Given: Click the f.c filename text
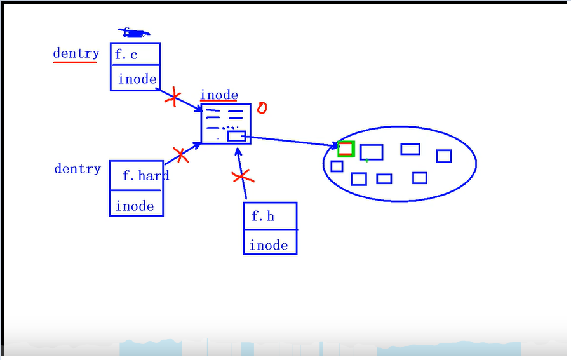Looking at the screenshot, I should coord(126,55).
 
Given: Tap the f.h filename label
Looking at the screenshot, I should coord(263,217).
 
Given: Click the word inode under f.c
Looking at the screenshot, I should coord(137,79).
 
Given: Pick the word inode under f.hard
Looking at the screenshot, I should coord(135,206).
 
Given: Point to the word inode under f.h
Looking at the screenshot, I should coord(269,245).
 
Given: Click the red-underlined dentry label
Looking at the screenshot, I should coord(76,53).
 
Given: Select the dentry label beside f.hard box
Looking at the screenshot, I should coord(77,169).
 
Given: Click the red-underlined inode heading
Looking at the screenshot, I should coord(219,95).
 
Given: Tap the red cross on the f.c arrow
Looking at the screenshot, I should coord(173,98).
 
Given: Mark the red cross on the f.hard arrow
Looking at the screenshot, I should coord(180,154).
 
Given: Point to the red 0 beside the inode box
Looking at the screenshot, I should coord(261,108).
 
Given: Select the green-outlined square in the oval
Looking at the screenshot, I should coord(346,149).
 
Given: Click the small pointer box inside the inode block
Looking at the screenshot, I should coord(236,136).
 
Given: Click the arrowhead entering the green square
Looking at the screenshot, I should coord(335,147).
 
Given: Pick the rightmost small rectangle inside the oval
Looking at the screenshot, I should coord(444,156).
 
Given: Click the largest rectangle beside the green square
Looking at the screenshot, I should coord(372,152).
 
